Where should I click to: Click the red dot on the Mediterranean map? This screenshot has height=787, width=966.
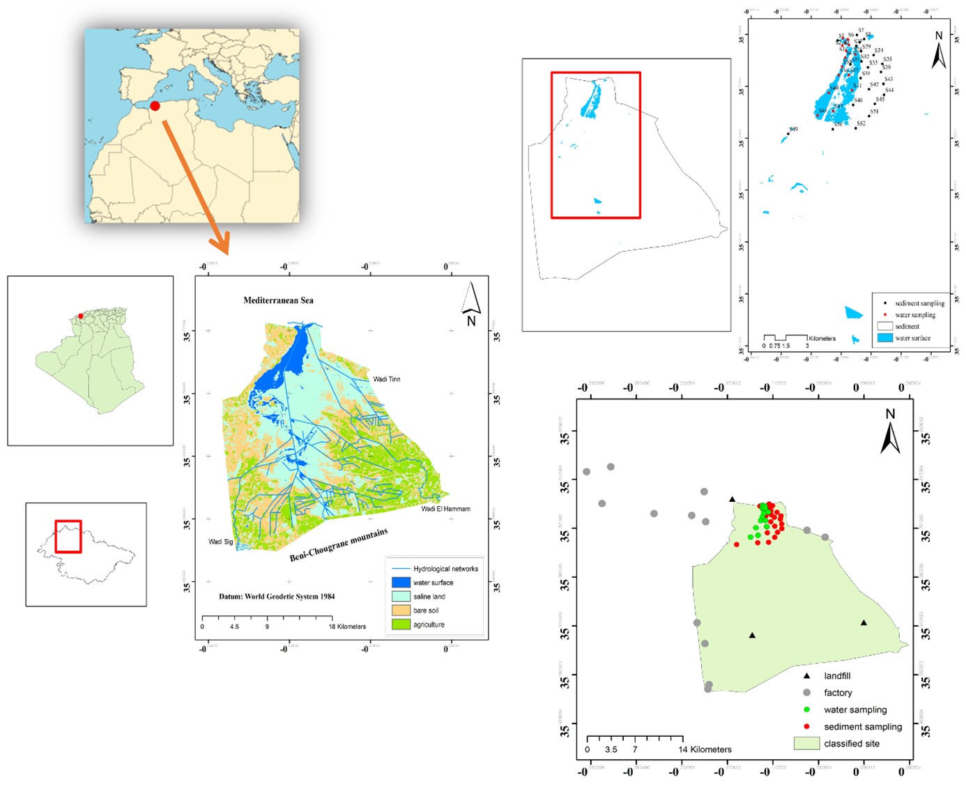click(x=155, y=106)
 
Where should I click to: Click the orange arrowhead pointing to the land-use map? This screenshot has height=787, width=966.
click(x=222, y=245)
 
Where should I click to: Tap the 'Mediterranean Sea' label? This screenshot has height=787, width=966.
click(x=278, y=300)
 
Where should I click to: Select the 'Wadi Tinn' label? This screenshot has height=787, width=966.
click(x=386, y=379)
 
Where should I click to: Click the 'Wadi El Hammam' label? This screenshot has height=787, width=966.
click(x=445, y=509)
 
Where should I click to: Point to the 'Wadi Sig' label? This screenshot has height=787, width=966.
click(x=221, y=542)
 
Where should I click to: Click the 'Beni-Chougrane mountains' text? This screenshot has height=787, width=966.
click(x=339, y=545)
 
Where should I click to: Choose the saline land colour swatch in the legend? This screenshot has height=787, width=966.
click(x=401, y=597)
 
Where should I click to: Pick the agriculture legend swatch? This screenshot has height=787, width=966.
click(x=401, y=625)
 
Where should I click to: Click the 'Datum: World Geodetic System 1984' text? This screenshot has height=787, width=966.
click(x=277, y=597)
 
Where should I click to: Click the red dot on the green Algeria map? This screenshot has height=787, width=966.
click(x=81, y=316)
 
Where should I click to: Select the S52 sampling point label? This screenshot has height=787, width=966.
click(x=861, y=123)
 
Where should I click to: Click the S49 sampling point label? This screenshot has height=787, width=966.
click(x=793, y=129)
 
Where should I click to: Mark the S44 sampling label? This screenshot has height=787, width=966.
click(x=889, y=90)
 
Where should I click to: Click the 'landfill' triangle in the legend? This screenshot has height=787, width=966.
click(x=806, y=675)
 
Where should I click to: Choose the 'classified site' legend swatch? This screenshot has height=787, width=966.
click(x=806, y=744)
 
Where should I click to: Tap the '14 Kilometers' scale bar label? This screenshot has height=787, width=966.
click(x=705, y=749)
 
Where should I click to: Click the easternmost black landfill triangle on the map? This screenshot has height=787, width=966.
click(x=864, y=622)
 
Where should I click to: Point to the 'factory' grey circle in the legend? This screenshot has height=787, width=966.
click(x=806, y=692)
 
